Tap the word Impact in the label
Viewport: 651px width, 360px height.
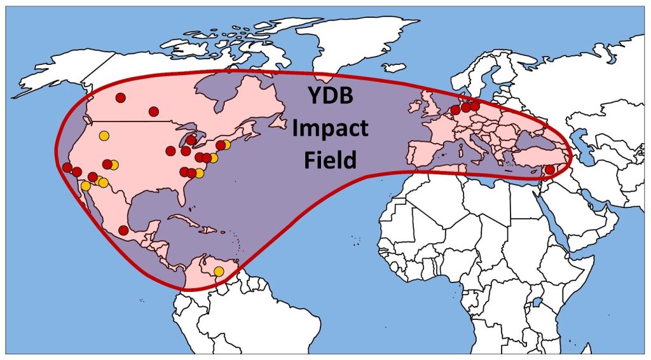pos(329,129)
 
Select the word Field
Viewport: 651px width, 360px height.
pos(329,160)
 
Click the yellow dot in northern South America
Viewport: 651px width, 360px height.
pos(219,272)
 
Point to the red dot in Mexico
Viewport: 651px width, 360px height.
pos(123,230)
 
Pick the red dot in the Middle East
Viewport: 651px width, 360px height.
pos(550,170)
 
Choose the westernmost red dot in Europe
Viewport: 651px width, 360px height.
pos(455,110)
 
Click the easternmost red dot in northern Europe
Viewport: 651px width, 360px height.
pos(475,106)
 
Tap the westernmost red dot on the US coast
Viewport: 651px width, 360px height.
pos(67,167)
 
